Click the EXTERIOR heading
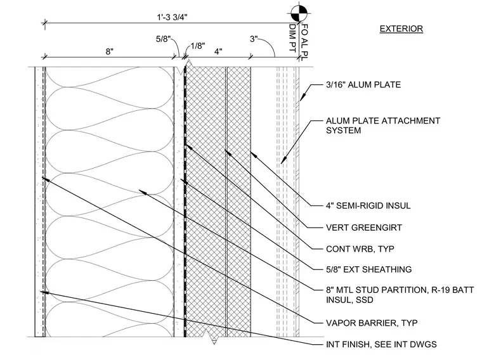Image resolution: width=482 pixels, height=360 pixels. pyautogui.click(x=401, y=29)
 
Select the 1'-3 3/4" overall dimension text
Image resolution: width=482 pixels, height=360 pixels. pyautogui.click(x=172, y=17)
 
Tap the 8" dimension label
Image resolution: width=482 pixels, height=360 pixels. pyautogui.click(x=110, y=51)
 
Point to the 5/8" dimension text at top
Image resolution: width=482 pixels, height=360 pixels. pyautogui.click(x=163, y=39)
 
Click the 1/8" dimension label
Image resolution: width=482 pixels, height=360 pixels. pyautogui.click(x=198, y=46)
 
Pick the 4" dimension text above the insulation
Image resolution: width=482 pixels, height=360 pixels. pyautogui.click(x=218, y=51)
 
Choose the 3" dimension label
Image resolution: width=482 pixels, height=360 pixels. pyautogui.click(x=254, y=39)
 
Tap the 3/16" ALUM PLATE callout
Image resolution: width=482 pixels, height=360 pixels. pyautogui.click(x=363, y=85)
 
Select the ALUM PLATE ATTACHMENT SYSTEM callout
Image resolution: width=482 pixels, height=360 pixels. pyautogui.click(x=383, y=125)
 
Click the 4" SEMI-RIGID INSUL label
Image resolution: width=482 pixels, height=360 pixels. pyautogui.click(x=368, y=205)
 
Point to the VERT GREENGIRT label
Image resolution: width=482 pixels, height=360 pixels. pyautogui.click(x=364, y=228)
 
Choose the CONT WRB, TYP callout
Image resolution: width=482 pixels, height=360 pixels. pyautogui.click(x=360, y=249)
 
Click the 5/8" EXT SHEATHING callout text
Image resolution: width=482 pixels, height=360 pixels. pyautogui.click(x=369, y=269)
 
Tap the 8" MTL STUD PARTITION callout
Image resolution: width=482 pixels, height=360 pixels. pyautogui.click(x=400, y=295)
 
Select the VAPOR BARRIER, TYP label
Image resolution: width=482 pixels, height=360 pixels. pyautogui.click(x=372, y=323)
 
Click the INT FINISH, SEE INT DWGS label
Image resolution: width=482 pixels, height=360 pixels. pyautogui.click(x=381, y=344)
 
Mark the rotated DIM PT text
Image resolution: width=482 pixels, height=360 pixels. pyautogui.click(x=293, y=38)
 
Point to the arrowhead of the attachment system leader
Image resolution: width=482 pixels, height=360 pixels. pyautogui.click(x=283, y=160)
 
